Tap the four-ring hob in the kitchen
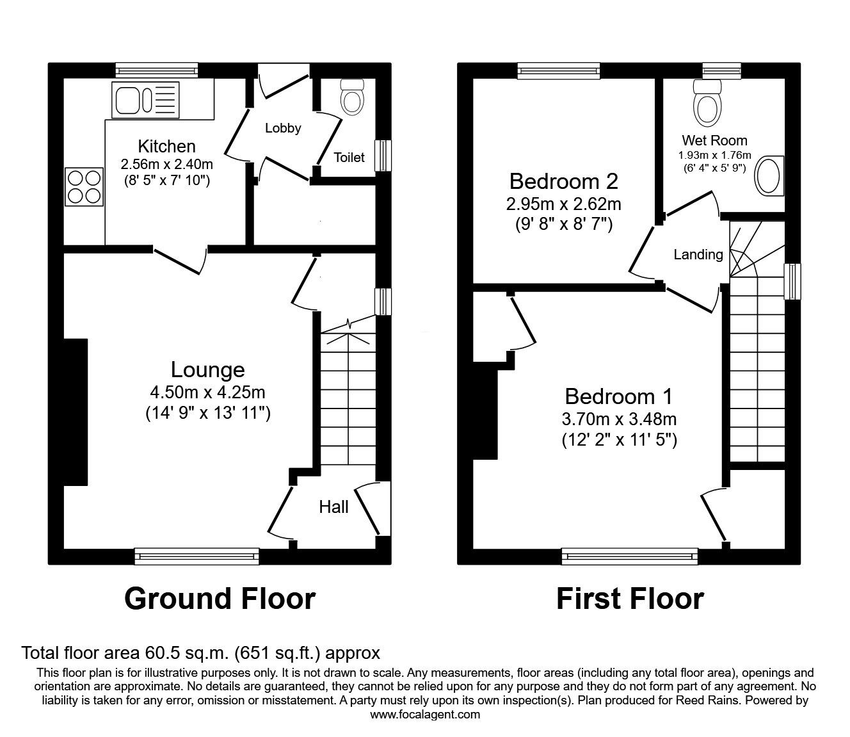[x=84, y=187]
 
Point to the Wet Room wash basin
[x=769, y=175]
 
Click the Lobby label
[x=283, y=129]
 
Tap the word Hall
[x=333, y=507]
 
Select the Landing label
[x=698, y=255]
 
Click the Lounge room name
[x=207, y=369]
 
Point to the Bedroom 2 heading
[x=564, y=181]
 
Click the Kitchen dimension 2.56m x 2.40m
[x=166, y=165]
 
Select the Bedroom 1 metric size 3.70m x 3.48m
[x=619, y=419]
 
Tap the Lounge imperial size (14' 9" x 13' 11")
[x=208, y=413]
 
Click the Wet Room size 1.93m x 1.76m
[x=715, y=156]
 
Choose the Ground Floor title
[x=220, y=599]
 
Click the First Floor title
[x=630, y=599]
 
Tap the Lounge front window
[x=197, y=556]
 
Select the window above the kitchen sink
[x=157, y=70]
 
